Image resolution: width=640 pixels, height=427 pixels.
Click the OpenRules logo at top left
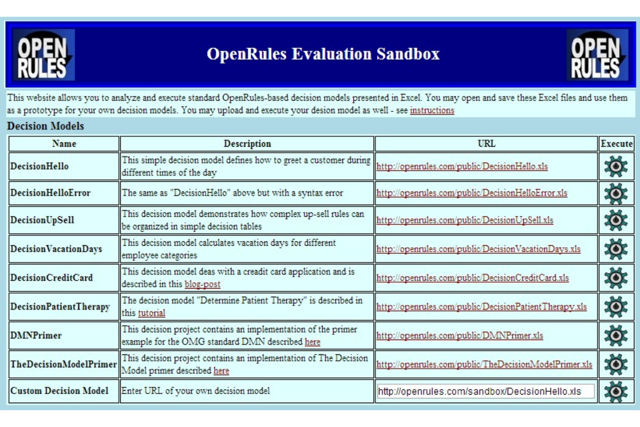pyautogui.click(x=43, y=55)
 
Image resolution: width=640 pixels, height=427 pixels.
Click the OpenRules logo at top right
pyautogui.click(x=597, y=55)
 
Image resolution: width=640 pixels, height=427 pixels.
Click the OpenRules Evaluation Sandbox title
pyautogui.click(x=323, y=54)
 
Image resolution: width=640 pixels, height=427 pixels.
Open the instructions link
pyautogui.click(x=432, y=110)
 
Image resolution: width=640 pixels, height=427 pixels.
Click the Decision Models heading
pyautogui.click(x=45, y=126)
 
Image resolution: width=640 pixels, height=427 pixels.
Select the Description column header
pyautogui.click(x=247, y=144)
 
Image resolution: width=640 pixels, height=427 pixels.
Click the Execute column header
pyautogui.click(x=616, y=144)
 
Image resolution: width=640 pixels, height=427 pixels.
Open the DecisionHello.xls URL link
pyautogui.click(x=462, y=167)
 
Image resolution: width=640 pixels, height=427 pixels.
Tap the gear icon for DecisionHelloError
pyautogui.click(x=616, y=193)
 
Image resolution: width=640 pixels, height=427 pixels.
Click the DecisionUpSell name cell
pyautogui.click(x=42, y=220)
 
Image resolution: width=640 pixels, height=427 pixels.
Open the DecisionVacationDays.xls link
pyautogui.click(x=478, y=249)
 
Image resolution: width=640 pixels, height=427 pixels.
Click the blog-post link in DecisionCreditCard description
pyautogui.click(x=202, y=284)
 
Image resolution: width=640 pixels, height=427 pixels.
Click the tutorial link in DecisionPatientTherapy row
pyautogui.click(x=151, y=313)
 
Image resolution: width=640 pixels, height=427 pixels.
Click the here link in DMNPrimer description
pyautogui.click(x=312, y=342)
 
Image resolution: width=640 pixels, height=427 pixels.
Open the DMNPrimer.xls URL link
pyautogui.click(x=460, y=336)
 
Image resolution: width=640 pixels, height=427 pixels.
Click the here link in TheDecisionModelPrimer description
pyautogui.click(x=221, y=371)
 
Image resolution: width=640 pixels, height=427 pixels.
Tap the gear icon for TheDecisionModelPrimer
pyautogui.click(x=616, y=365)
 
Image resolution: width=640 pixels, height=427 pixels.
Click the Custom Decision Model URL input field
pyautogui.click(x=485, y=392)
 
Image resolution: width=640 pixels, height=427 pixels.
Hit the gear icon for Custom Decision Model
pyautogui.click(x=616, y=392)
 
